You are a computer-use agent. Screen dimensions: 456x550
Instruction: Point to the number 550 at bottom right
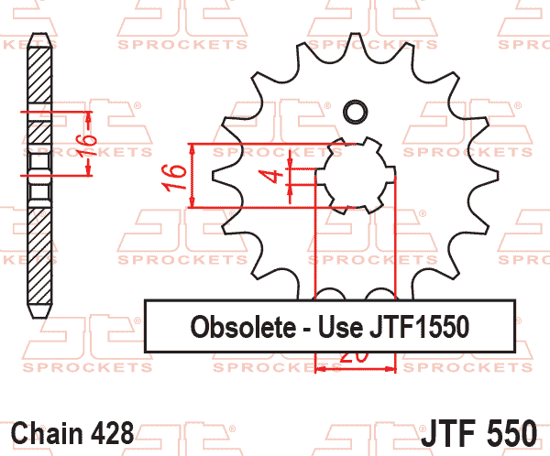click(515, 431)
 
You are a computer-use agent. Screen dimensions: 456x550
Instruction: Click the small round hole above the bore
click(354, 113)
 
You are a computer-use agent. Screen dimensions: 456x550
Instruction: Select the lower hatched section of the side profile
click(38, 256)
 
